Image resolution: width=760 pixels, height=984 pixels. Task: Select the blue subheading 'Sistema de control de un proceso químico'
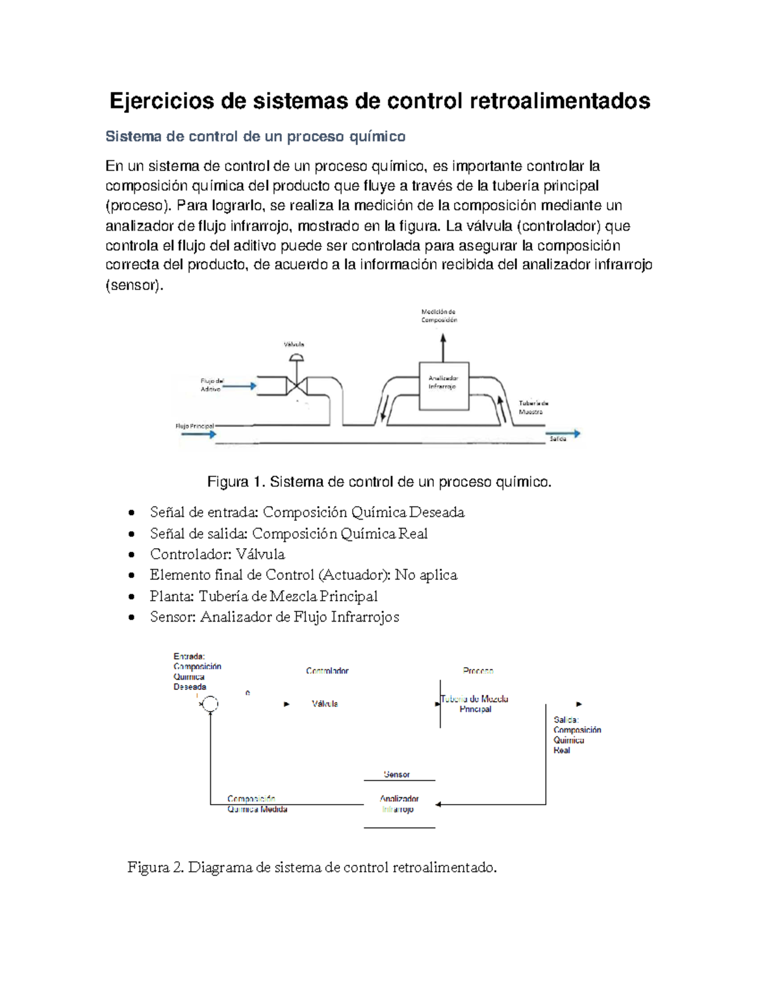[255, 137]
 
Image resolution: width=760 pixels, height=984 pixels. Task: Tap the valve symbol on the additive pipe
[296, 385]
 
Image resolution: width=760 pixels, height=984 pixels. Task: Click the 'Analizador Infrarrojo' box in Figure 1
[443, 386]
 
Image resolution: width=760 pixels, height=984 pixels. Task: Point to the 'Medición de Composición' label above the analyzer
[439, 316]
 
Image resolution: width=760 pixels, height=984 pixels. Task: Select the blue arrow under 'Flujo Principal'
[199, 434]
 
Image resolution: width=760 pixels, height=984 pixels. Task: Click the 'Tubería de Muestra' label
[533, 407]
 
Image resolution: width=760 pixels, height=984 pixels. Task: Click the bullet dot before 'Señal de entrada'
[131, 513]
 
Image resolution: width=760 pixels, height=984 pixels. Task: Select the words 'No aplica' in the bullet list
[426, 575]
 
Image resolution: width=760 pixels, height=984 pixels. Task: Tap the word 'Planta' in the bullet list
[171, 596]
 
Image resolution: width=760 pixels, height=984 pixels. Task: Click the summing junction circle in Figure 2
[210, 704]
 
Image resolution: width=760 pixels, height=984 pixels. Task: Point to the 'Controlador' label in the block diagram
[327, 670]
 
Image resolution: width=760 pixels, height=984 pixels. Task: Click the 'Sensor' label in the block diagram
[396, 774]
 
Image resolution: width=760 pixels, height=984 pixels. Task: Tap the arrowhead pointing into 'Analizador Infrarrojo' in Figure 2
[438, 805]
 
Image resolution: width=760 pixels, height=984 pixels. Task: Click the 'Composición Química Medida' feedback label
[257, 804]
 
